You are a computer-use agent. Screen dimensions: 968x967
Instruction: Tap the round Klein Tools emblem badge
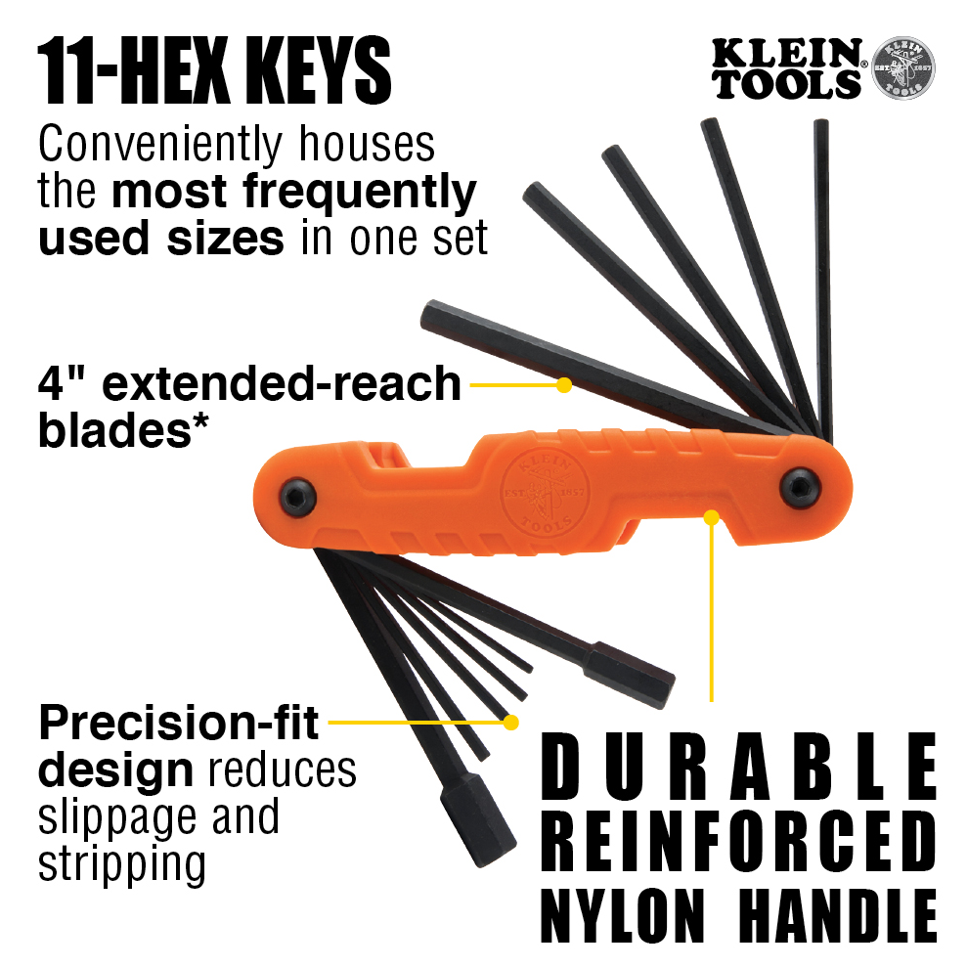pyautogui.click(x=901, y=69)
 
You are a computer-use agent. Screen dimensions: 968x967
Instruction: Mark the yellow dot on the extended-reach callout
pyautogui.click(x=563, y=385)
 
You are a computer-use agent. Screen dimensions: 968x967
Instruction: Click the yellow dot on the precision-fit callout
pyautogui.click(x=509, y=723)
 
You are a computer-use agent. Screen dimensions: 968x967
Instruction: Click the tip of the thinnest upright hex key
pyautogui.click(x=820, y=124)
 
